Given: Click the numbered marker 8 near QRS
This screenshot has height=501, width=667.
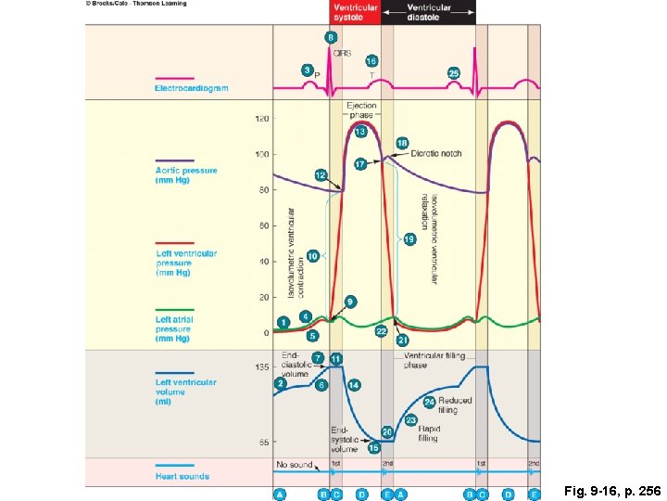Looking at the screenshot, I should click(x=330, y=37).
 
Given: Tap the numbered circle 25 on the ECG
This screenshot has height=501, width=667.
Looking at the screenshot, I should click(x=454, y=72).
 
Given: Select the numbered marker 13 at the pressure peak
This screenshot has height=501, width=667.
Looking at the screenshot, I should click(x=360, y=133).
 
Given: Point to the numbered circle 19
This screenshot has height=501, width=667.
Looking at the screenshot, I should click(x=409, y=239).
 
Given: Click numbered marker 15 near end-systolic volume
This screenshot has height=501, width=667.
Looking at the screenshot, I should click(x=373, y=447).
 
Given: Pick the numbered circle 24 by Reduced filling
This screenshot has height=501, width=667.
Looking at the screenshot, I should click(x=430, y=402).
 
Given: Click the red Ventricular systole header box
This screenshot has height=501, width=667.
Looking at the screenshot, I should click(x=356, y=12).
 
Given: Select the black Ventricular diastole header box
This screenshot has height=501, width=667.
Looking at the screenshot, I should click(x=430, y=12).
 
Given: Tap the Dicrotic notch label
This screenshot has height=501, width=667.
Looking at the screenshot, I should click(x=435, y=153).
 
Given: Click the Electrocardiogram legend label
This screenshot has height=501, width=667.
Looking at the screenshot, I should click(x=192, y=88).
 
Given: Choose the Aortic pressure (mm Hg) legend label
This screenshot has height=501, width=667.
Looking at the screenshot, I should click(x=186, y=175).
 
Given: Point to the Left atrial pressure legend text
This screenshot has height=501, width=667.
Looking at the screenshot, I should click(x=173, y=328).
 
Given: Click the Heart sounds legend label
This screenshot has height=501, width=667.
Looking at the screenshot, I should click(x=182, y=477).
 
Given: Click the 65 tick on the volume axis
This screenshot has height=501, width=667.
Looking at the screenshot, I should click(x=263, y=442).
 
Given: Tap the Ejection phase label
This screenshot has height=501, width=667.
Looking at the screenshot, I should click(x=362, y=110).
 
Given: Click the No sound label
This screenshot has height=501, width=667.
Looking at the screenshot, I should click(x=294, y=464).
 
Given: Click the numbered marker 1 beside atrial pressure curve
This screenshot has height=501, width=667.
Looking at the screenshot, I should click(x=283, y=321).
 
